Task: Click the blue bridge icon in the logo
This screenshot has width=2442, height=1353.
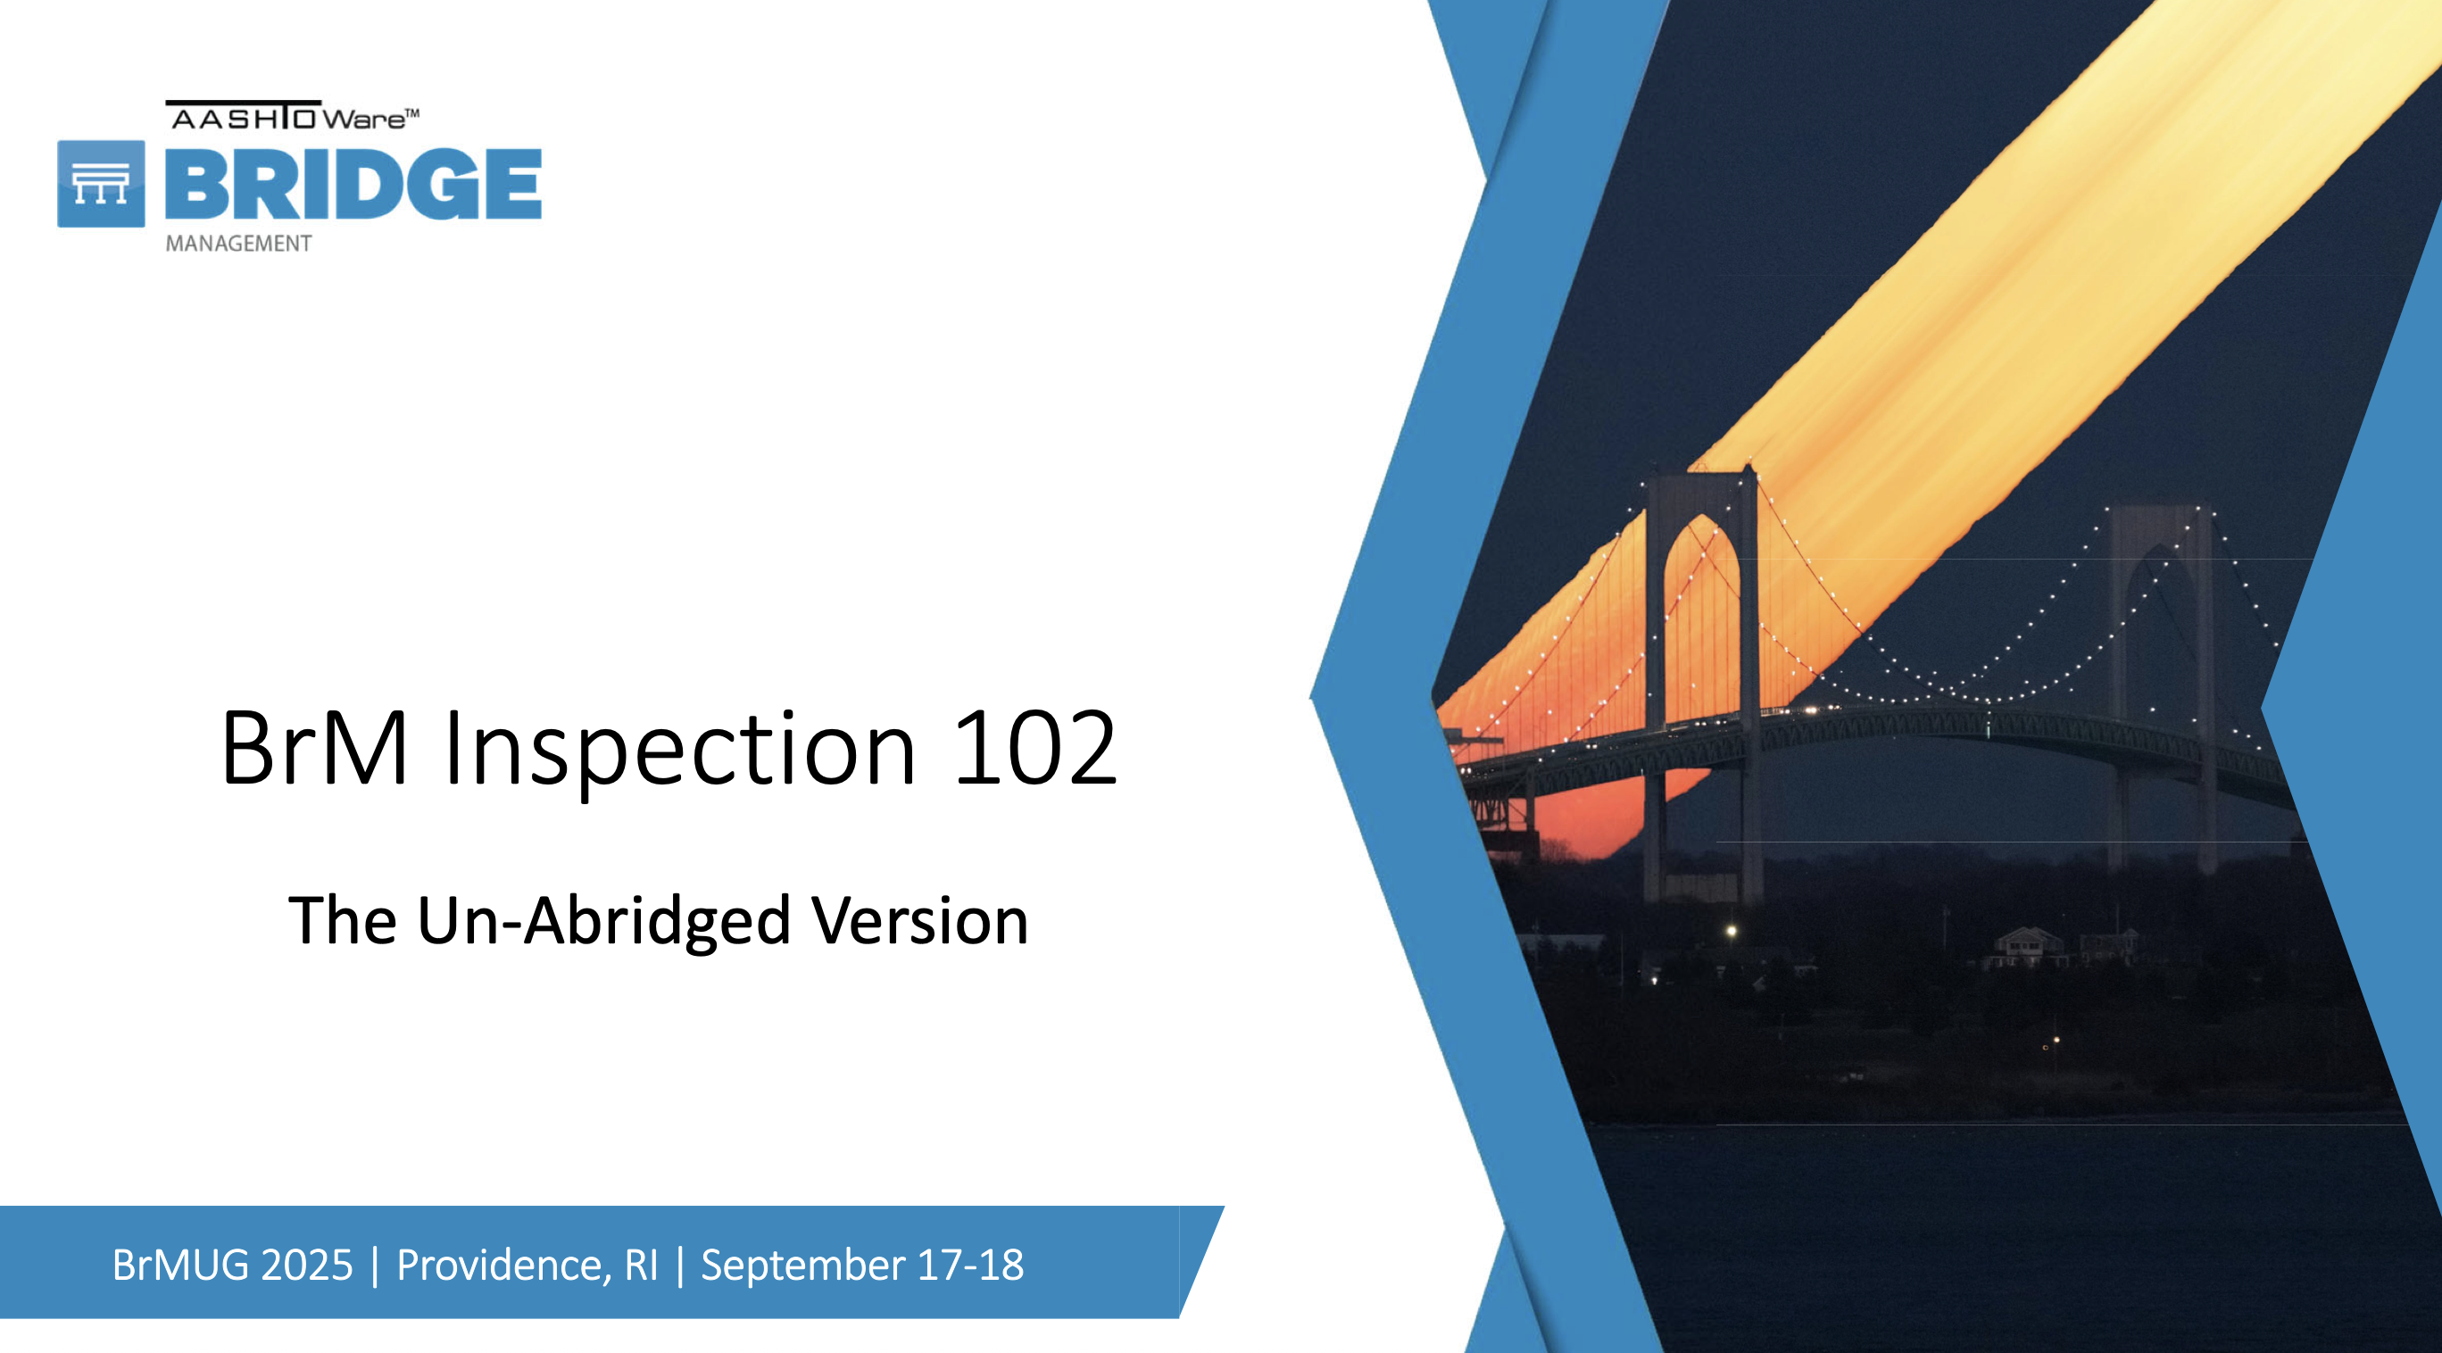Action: (101, 184)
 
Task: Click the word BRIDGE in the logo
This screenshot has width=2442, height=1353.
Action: (353, 184)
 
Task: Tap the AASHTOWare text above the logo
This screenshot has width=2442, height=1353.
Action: (293, 116)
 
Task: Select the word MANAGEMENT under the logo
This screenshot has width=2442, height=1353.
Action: (238, 244)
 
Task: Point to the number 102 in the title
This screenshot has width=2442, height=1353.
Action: (1035, 749)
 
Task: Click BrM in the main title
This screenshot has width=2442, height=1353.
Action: (315, 749)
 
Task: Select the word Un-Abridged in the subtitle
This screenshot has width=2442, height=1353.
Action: (604, 922)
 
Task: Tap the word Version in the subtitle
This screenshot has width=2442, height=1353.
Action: (919, 921)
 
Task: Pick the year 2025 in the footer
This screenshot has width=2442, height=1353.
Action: (306, 1265)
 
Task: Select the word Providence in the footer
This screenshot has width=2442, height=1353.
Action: (503, 1266)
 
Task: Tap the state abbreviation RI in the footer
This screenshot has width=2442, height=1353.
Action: (641, 1265)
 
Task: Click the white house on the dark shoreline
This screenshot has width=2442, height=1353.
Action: (2029, 946)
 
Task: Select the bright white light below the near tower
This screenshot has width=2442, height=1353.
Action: (1731, 931)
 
